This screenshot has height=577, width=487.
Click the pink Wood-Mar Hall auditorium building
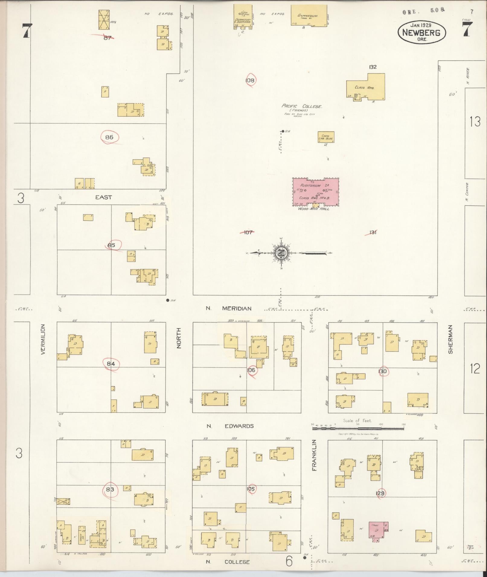point(316,192)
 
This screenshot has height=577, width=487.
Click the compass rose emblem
point(281,252)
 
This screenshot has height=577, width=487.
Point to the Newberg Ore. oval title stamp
point(422,33)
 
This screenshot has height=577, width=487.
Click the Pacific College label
point(302,106)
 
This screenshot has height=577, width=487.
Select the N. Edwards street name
point(230,426)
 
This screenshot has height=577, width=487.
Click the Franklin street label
point(314,459)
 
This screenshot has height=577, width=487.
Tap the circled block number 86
point(109,137)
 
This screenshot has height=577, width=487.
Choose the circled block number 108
point(250,80)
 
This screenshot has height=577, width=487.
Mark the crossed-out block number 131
point(373,232)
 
